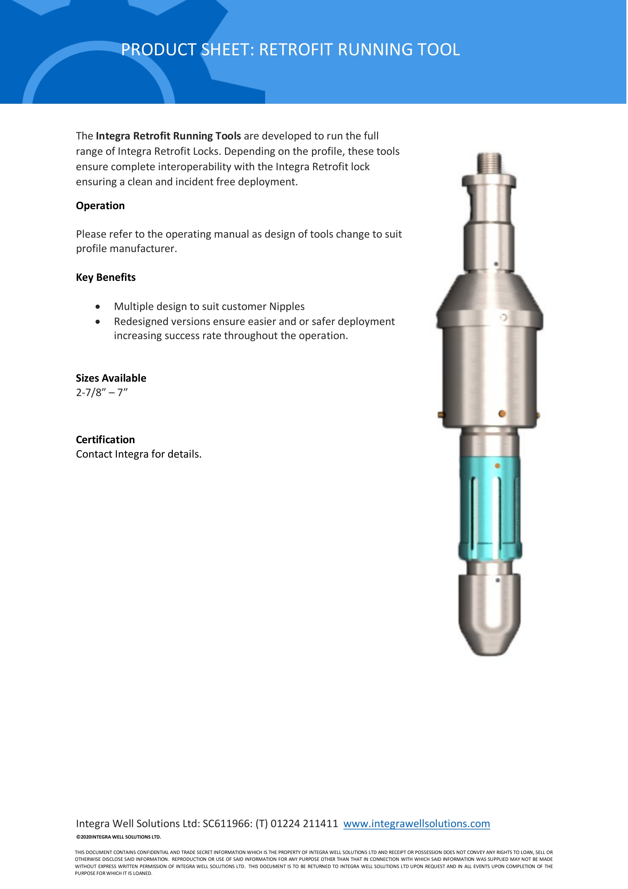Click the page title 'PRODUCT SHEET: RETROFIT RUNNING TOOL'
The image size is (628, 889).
[x=290, y=49]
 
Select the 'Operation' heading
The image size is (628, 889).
[x=100, y=206]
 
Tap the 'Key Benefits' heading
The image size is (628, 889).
[x=106, y=277]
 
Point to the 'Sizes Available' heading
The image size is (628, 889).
[x=111, y=378]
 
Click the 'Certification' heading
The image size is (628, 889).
[x=105, y=440]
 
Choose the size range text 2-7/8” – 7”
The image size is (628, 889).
[x=102, y=392]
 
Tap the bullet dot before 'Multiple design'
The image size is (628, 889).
[x=98, y=307]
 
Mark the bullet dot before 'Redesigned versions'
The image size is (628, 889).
[x=98, y=322]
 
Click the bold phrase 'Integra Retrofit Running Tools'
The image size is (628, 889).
[x=168, y=136]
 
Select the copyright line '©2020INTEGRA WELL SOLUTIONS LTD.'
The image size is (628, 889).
[x=118, y=837]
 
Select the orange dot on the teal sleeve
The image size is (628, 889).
[x=497, y=465]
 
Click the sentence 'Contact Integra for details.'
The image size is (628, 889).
[x=139, y=454]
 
